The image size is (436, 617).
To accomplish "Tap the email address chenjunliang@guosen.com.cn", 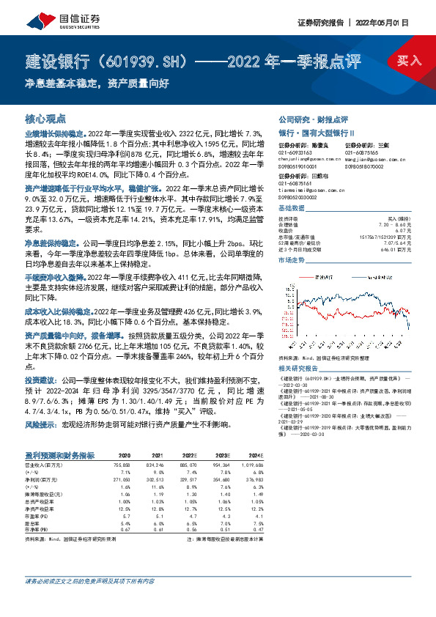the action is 305,158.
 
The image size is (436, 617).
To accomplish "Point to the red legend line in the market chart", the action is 307,258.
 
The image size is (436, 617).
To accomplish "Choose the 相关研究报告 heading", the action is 298,367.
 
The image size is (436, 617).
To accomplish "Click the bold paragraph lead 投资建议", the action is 38,381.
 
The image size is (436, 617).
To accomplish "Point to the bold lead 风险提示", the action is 38,424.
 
